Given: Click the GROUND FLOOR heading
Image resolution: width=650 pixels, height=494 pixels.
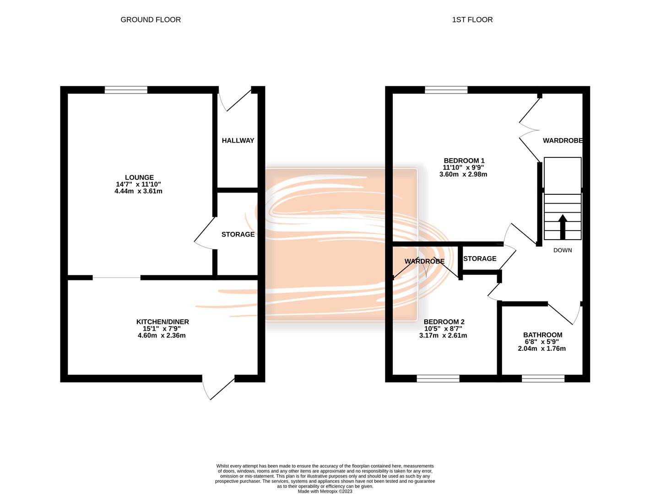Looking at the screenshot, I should pos(151,20).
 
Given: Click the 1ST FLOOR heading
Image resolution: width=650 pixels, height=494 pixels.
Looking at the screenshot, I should pos(472,20).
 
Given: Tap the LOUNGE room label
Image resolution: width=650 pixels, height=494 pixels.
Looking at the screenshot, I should pos(139,177).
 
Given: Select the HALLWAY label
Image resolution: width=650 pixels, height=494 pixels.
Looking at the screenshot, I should pos(238,140).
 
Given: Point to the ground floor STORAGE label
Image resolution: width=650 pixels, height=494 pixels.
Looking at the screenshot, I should pos(238,234).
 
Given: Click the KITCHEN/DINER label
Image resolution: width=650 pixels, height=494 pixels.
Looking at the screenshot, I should pos(162,322).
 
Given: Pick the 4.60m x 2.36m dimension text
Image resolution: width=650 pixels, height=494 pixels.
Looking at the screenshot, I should pos(162,335).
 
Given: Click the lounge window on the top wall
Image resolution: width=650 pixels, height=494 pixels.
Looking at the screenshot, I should pos(126,90).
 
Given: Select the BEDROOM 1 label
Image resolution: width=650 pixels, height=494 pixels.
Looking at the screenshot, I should pos(464,161).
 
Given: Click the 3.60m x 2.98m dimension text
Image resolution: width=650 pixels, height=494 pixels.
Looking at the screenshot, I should pos(463,174).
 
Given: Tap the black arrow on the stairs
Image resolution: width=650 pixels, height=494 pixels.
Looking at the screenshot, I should pos(563,227).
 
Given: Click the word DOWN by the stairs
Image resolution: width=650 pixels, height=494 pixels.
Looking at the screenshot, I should pos(563,250).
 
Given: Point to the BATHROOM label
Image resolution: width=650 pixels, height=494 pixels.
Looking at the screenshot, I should pos(542,335).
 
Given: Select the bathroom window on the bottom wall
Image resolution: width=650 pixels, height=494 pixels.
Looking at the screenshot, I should pos(543,378).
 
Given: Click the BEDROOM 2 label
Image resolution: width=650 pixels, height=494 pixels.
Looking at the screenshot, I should pos(444,322).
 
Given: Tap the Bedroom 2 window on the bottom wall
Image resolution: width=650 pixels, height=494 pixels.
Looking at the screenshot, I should pos(438,378).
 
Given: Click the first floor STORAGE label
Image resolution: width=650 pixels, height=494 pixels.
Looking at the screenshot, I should pos(479,258).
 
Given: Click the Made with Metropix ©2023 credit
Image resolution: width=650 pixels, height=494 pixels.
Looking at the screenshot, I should pos(325,491).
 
